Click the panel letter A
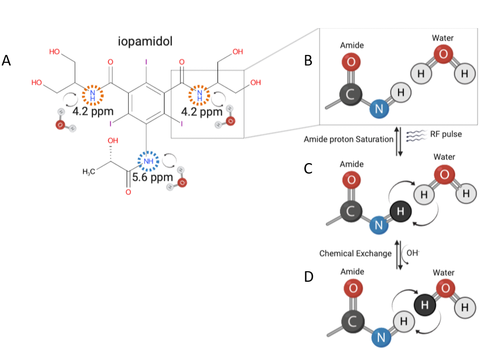pyautogui.click(x=7, y=61)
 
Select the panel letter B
pyautogui.click(x=308, y=61)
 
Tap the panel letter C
pyautogui.click(x=308, y=168)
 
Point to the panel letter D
pyautogui.click(x=308, y=277)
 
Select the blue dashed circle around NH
pyautogui.click(x=148, y=161)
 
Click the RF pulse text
pyautogui.click(x=446, y=134)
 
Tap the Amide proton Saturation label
pyautogui.click(x=349, y=140)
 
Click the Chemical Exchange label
pyautogui.click(x=355, y=254)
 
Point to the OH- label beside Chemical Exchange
pyautogui.click(x=412, y=254)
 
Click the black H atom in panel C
pyautogui.click(x=400, y=212)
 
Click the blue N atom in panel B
pyautogui.click(x=379, y=110)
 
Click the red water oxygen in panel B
pyautogui.click(x=443, y=54)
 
